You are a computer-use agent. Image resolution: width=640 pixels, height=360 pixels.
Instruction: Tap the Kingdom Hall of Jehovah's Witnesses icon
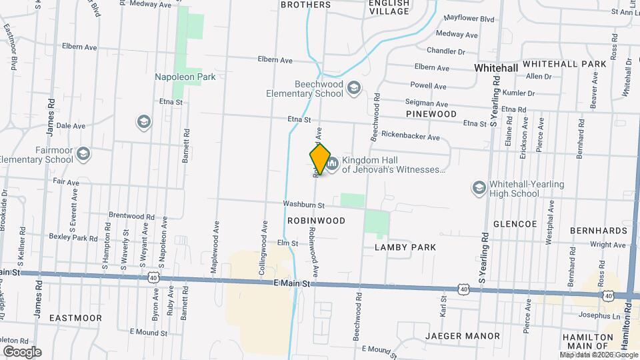pos(332,163)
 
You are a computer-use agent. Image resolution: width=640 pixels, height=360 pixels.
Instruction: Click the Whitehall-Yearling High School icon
pos(478,188)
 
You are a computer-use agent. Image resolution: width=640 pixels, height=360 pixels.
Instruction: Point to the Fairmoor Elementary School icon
pos(83,154)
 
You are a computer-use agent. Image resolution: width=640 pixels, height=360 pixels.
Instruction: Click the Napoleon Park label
pos(185,77)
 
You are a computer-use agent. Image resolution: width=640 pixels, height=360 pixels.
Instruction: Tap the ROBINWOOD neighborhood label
pos(316,220)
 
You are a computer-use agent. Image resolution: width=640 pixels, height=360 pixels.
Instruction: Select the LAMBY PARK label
pos(405,247)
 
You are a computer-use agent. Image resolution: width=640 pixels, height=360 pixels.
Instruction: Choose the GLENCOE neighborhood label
pos(515,225)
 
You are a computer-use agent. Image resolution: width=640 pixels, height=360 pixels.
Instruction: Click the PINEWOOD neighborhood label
pos(431,114)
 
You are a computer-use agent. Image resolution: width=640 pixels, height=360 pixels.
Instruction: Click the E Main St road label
pos(293,284)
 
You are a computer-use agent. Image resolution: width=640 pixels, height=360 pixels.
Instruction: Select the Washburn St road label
pos(303,205)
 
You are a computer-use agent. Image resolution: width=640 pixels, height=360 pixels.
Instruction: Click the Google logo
pos(22,351)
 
